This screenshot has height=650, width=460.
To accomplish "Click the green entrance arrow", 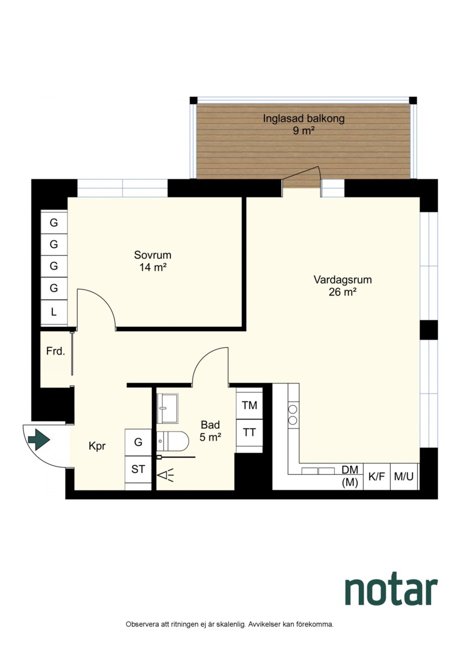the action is (39, 439).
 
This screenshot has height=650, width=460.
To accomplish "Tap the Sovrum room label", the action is (153, 255).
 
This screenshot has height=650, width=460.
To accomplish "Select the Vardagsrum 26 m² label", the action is (343, 286).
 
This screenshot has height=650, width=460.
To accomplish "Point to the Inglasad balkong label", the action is (303, 119).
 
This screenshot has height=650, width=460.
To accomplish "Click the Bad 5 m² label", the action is (210, 431).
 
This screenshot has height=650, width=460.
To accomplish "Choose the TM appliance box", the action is (249, 405).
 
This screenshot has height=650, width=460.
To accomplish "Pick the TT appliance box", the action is (249, 433).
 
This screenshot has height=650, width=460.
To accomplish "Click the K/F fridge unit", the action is (377, 477).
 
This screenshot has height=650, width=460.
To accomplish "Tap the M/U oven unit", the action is (404, 477).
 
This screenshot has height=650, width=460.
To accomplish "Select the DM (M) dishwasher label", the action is (350, 476).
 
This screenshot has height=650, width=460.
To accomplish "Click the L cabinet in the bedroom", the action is (54, 312).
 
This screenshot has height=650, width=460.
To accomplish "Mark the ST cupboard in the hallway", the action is (138, 469).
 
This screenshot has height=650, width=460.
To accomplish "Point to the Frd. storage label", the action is (55, 351).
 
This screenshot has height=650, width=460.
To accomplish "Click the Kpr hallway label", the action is (97, 446).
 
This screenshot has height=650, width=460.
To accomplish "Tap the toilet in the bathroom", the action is (173, 441).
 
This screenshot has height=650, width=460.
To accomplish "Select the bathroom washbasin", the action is (167, 408).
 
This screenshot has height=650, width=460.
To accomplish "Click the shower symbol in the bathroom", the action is (166, 474).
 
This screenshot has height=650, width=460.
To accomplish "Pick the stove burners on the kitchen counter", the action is (293, 415).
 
